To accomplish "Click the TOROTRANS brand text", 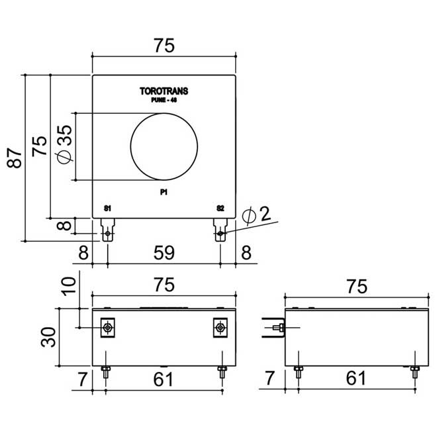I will pos(164,92).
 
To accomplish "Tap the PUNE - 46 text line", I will pos(164,101).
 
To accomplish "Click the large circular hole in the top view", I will pos(164,146).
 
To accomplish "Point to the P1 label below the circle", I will pos(164,192).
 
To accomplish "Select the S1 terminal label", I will pos(107,209).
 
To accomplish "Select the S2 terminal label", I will pos(220,209).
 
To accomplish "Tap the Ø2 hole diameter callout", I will pos(258,215).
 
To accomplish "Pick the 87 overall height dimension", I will pos(15,158).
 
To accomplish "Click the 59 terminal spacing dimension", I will pos(164,253).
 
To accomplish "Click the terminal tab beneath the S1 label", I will pos(107,233).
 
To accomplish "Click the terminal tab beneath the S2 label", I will pos(220,233).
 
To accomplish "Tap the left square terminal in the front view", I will pos(107,327).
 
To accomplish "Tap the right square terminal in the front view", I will pos(220,327).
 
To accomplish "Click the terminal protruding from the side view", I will pos(273,327).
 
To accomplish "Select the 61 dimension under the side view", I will pos(356,379).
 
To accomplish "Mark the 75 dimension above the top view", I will pos(164,45).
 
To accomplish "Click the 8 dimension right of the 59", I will pos(246,253).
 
